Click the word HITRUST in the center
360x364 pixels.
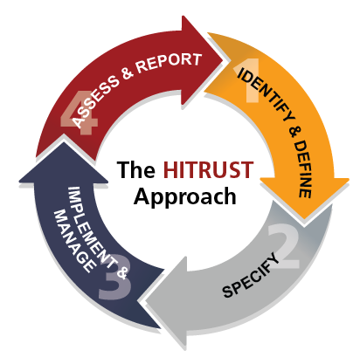pyautogui.click(x=208, y=169)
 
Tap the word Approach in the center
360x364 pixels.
pyautogui.click(x=185, y=197)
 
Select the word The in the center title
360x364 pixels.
pyautogui.click(x=136, y=169)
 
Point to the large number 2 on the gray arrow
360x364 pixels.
pyautogui.click(x=283, y=246)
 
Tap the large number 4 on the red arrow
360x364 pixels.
pyautogui.click(x=79, y=113)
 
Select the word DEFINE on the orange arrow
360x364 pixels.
pyautogui.click(x=303, y=169)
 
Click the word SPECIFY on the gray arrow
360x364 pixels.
pyautogui.click(x=251, y=275)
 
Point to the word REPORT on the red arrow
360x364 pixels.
pyautogui.click(x=169, y=63)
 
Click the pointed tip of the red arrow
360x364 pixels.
pyautogui.click(x=223, y=60)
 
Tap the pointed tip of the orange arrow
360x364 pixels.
pyautogui.click(x=304, y=219)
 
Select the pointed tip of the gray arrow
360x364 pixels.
pyautogui.click(x=145, y=300)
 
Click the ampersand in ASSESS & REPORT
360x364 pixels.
pyautogui.click(x=128, y=72)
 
